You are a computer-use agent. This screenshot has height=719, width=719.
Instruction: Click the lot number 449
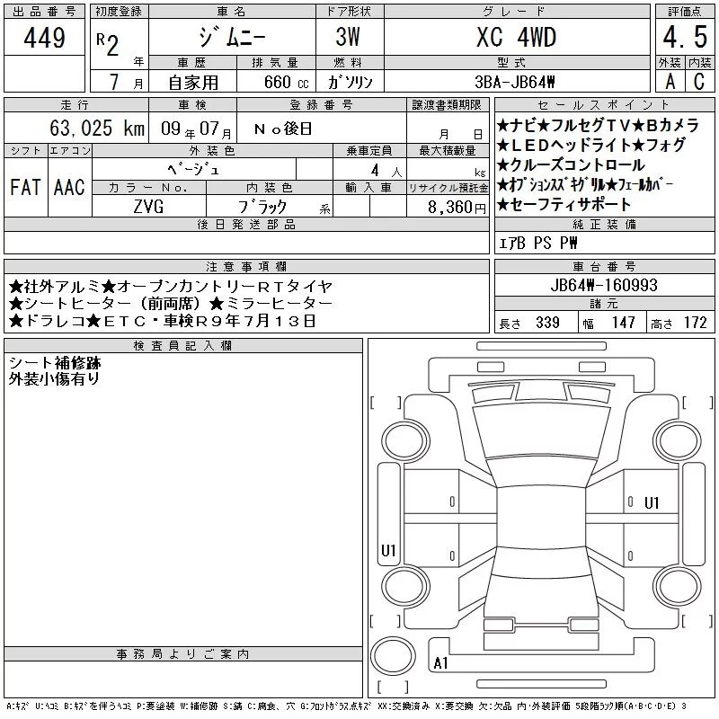[x=44, y=37]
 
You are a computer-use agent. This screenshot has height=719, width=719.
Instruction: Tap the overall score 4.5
[x=685, y=37]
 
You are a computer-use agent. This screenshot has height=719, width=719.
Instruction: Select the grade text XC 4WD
[x=516, y=37]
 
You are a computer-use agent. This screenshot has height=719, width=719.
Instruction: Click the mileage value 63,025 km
[x=97, y=128]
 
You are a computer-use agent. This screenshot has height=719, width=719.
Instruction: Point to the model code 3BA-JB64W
[x=515, y=82]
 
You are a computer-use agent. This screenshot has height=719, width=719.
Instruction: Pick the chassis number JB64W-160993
[x=604, y=285]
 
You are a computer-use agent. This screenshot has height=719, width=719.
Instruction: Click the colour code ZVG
[x=148, y=207]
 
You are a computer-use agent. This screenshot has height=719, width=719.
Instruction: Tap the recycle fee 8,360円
[x=457, y=208]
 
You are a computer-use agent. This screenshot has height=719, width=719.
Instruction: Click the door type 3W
[x=348, y=37]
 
